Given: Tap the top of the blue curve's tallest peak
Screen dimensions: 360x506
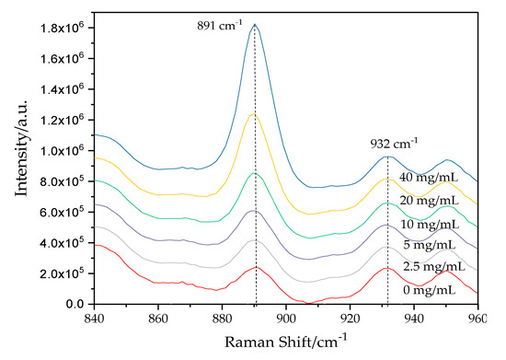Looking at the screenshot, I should [x=255, y=25].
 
